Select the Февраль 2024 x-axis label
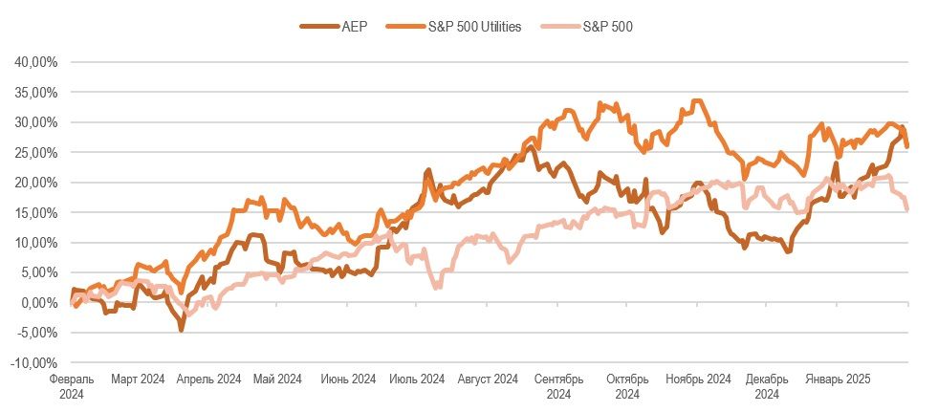click(71, 386)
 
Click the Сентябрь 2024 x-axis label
click(557, 386)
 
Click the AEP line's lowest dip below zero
click(181, 329)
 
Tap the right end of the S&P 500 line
click(906, 209)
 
